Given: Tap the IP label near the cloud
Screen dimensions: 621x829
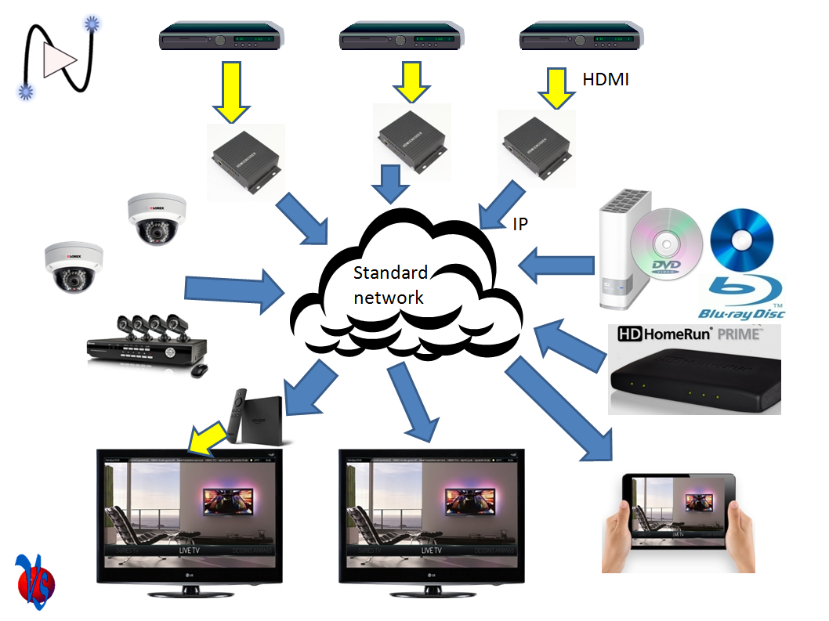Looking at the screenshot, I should point(519,225).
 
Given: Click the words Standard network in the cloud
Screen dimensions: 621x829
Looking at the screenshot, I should point(390,285).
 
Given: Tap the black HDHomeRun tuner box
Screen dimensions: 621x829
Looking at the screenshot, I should point(695,383).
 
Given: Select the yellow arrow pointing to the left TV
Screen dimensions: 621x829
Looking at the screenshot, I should point(206,438).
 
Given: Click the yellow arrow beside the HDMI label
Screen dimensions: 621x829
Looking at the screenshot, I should point(557,88).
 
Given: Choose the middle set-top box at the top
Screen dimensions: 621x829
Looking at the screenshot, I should point(401,37).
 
